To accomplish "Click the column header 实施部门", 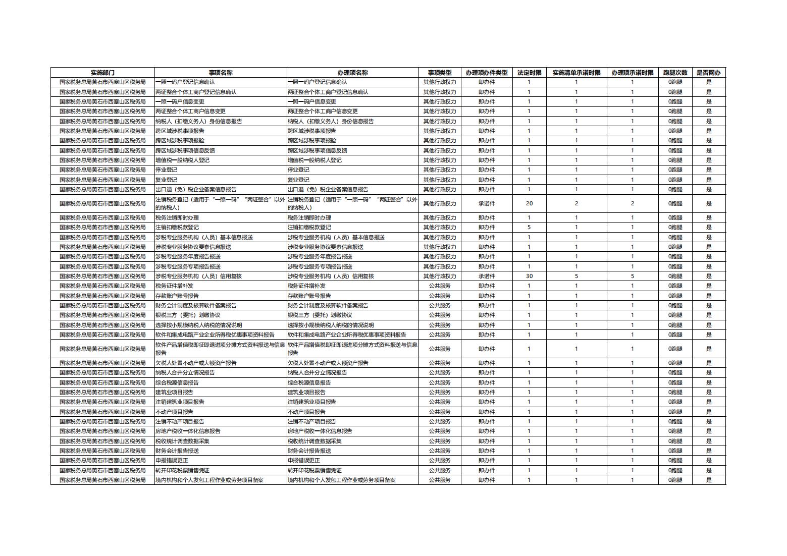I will (x=102, y=73).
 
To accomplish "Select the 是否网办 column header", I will (x=708, y=73).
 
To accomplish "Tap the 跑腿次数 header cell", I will (x=675, y=73).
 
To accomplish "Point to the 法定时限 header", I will (x=529, y=73).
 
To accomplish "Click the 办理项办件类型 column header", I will (x=487, y=73).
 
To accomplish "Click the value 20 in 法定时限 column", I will (x=529, y=203).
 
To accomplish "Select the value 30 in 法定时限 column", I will (x=529, y=276).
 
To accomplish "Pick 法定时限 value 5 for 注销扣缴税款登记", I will (x=529, y=228).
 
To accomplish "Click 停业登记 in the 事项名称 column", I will (x=166, y=170).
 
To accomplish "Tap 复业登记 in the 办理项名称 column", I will (x=298, y=180).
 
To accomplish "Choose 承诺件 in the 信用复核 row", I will (x=487, y=276).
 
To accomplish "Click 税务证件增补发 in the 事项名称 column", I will (x=174, y=286).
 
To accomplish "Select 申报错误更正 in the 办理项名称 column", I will (x=304, y=460).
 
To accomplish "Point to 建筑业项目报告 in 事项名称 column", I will (x=174, y=392).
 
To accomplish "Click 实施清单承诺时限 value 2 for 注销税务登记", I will (x=576, y=203).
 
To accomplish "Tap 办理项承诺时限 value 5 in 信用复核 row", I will (x=632, y=276).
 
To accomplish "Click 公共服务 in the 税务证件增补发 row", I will (x=440, y=286).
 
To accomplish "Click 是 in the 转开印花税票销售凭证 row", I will (x=708, y=470).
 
